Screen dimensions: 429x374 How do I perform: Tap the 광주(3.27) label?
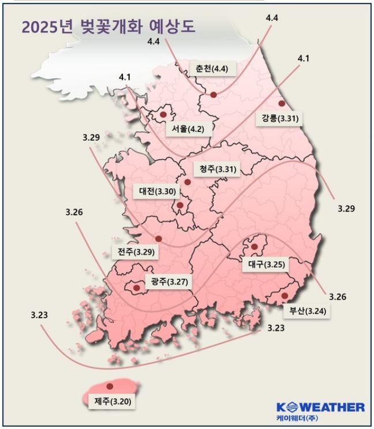pos(169,282)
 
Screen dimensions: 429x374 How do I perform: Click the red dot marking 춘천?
pos(213,94)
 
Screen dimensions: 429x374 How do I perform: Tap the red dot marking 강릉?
pos(282,104)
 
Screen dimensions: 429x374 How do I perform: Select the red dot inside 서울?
pos(163,114)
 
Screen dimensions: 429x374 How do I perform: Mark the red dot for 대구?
pos(254,247)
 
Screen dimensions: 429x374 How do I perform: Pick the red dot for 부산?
pos(284,296)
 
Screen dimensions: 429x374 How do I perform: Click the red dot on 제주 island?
pos(110,386)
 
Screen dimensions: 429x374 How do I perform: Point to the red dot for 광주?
pos(137,287)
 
